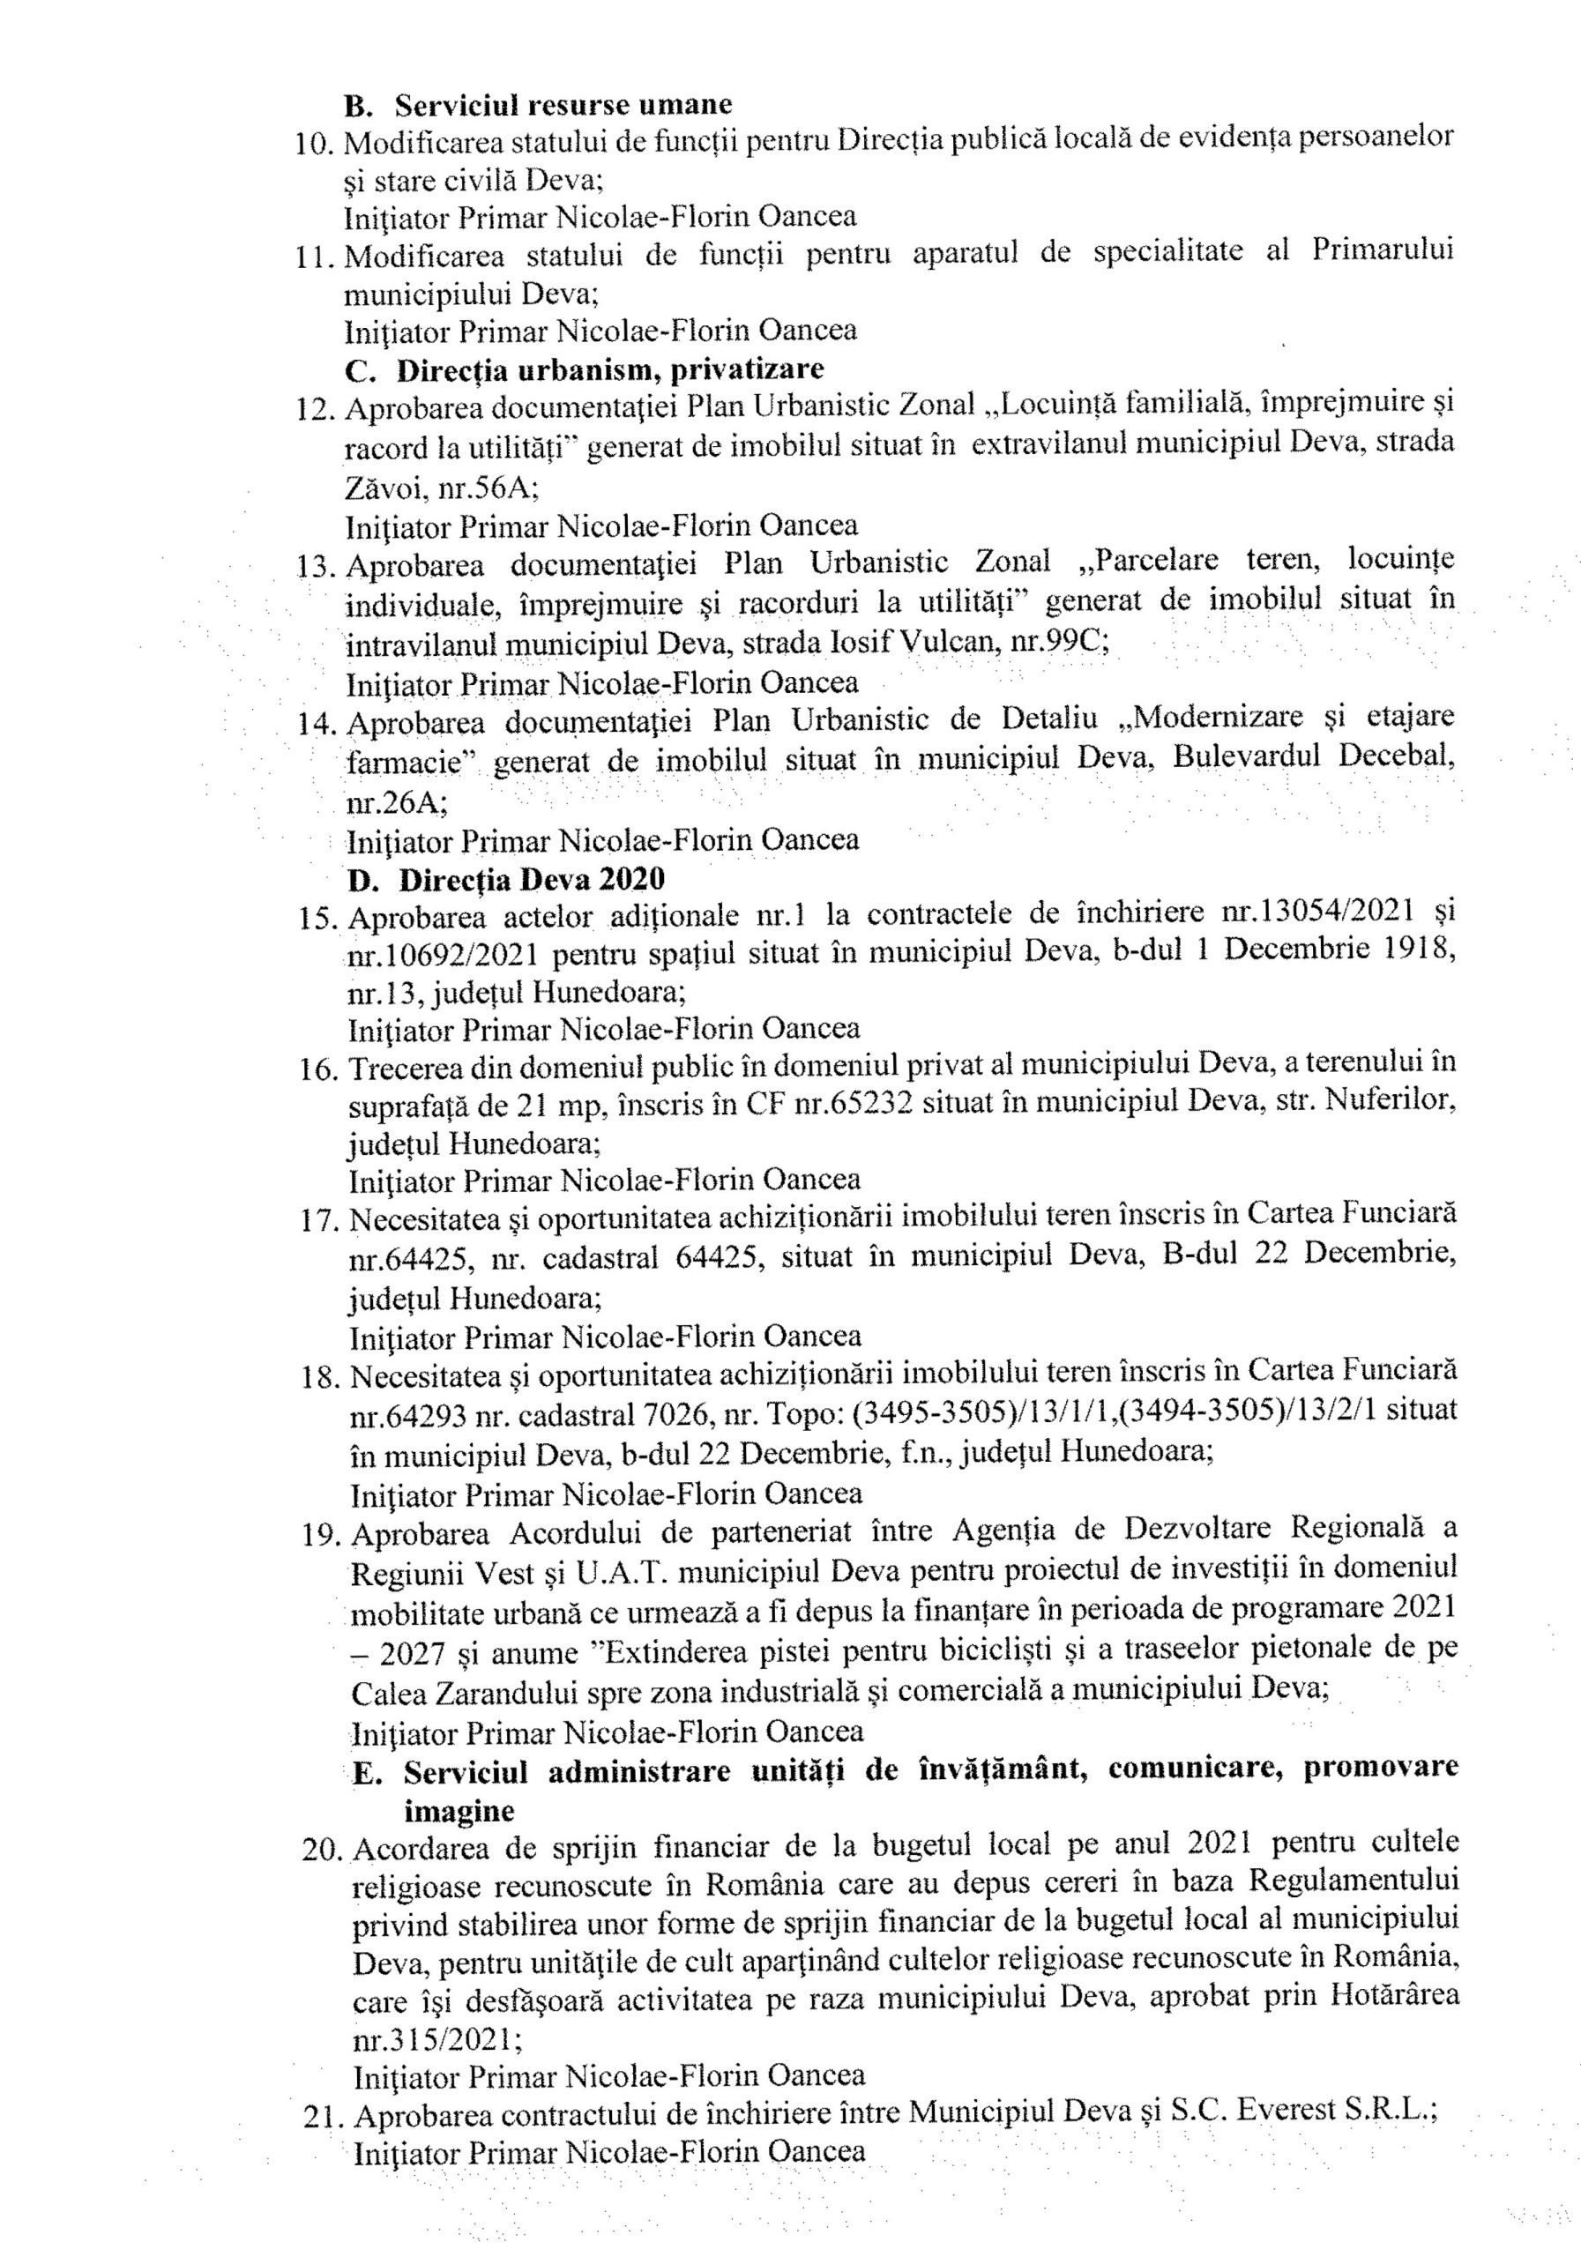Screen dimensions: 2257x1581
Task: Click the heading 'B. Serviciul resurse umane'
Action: tap(538, 104)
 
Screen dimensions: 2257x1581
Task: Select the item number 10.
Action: tap(315, 144)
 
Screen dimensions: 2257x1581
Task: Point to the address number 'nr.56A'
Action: tap(488, 486)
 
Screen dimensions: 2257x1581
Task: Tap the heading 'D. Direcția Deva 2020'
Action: tap(506, 878)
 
